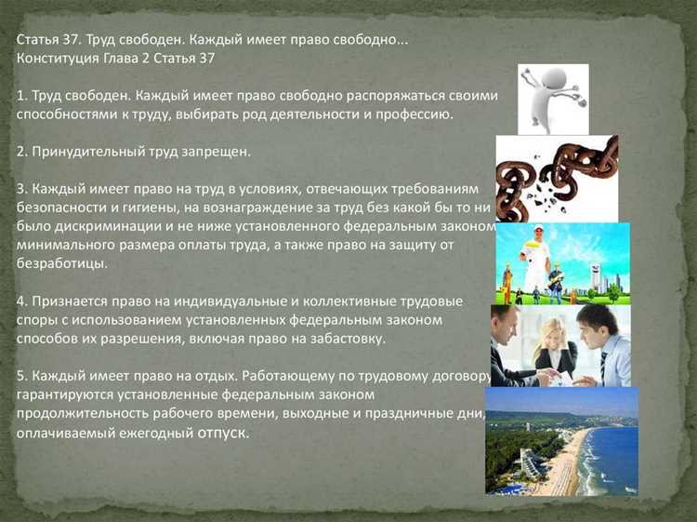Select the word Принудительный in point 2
pos(87,150)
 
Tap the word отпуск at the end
pos(223,433)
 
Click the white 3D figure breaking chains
pos(553,98)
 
